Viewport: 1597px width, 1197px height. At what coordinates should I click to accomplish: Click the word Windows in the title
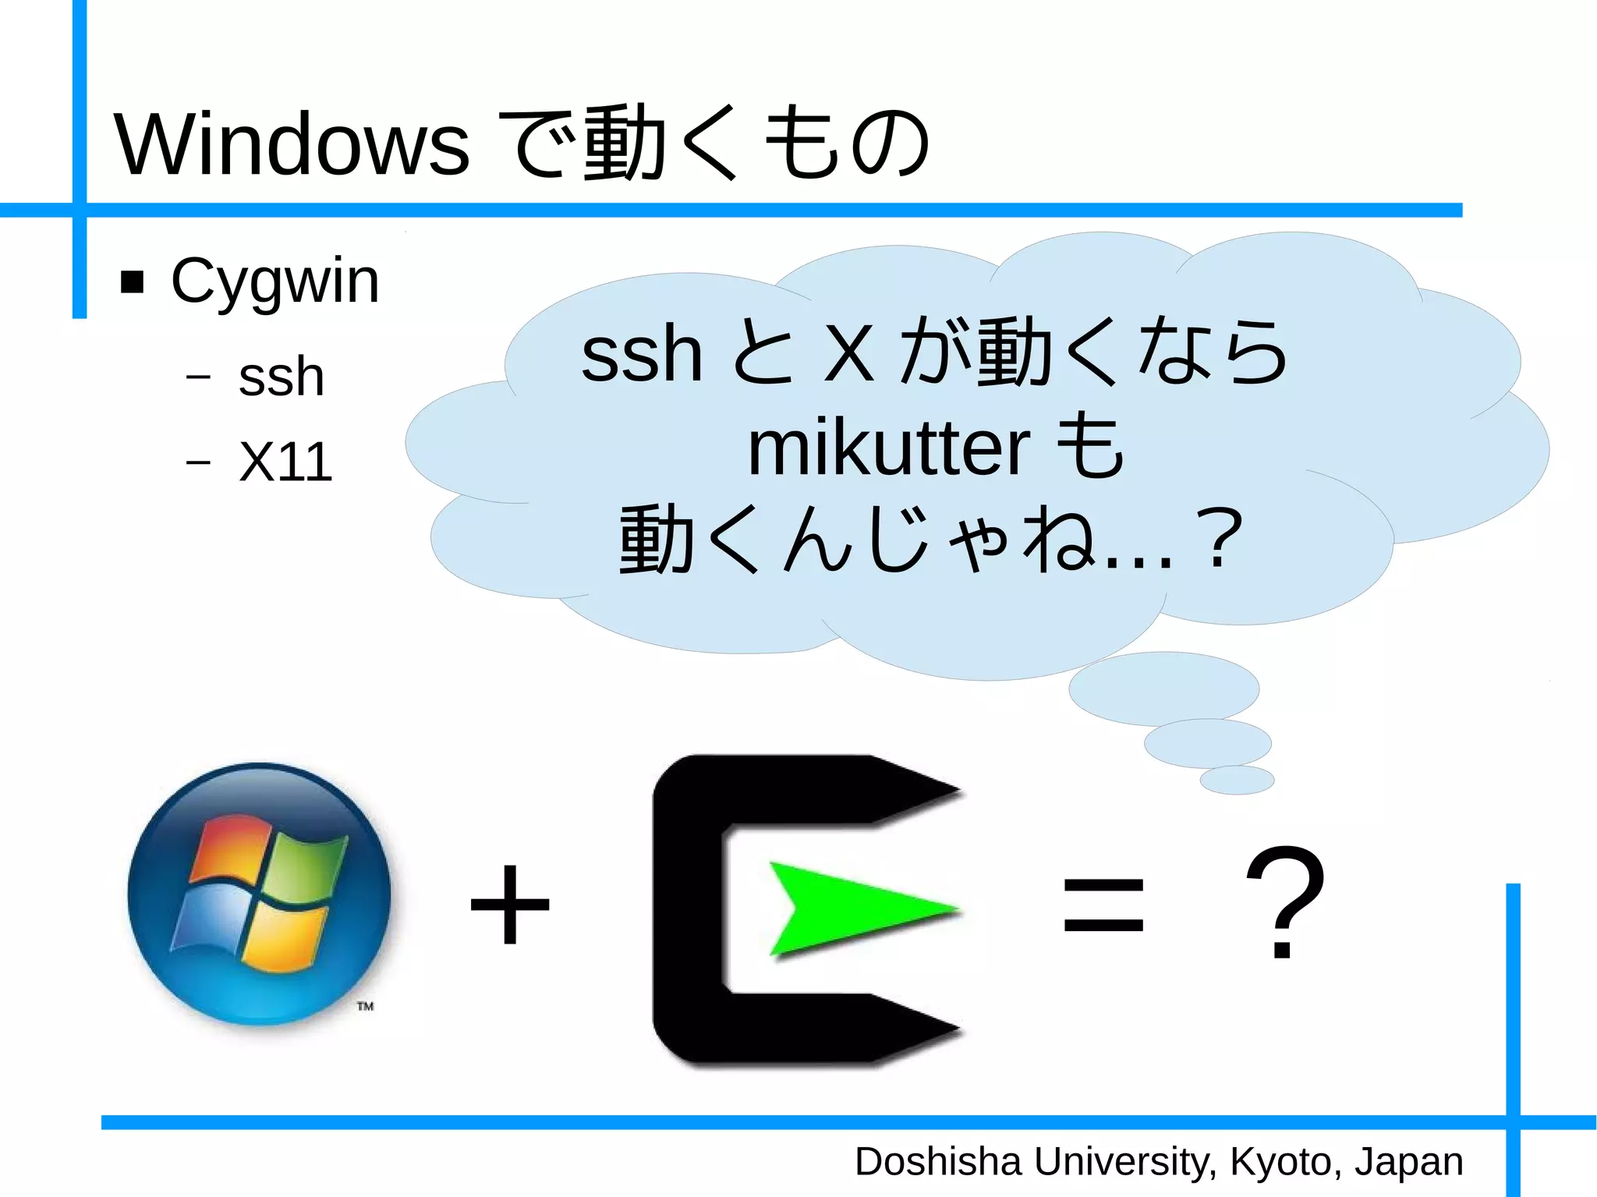pos(292,144)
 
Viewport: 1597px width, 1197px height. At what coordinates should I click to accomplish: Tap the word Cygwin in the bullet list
pos(274,281)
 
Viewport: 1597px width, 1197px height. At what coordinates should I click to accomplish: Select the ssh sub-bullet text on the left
pos(281,377)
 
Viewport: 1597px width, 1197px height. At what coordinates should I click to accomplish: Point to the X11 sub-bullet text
pos(285,462)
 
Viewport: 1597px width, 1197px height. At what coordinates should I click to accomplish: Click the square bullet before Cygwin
pos(133,282)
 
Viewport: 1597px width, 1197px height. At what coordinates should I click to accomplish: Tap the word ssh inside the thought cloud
pos(641,355)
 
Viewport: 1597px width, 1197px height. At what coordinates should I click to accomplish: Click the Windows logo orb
pos(260,894)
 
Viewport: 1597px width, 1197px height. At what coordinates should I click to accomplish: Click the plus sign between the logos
pos(510,905)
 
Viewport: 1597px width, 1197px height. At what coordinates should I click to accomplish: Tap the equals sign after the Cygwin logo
pos(1103,905)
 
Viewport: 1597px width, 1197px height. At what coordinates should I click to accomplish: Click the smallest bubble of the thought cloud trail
pos(1236,779)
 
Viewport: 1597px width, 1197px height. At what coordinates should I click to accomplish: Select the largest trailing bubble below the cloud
pos(1163,688)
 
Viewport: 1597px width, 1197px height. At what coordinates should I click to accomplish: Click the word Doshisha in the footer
pos(937,1162)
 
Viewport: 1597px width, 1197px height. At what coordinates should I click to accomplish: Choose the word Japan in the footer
pos(1408,1162)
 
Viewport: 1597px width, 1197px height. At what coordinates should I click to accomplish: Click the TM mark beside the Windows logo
pos(365,1006)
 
